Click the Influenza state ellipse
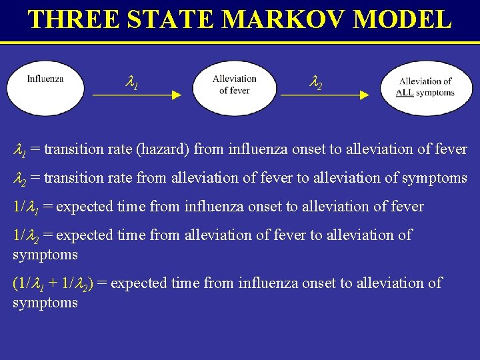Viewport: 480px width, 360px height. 45,88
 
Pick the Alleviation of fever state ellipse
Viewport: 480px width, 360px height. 234,88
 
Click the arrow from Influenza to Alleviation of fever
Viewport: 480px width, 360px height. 137,95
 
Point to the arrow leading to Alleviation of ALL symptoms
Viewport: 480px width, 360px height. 325,95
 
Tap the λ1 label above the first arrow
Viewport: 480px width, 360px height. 132,83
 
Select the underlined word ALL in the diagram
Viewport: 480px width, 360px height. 404,93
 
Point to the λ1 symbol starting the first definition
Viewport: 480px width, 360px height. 20,150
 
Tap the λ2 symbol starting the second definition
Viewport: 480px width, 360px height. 21,178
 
